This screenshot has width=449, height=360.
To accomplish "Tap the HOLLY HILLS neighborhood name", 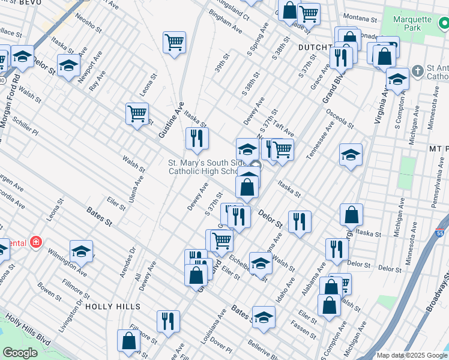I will pos(112,306).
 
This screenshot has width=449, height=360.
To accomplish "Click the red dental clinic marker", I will pos(36,243).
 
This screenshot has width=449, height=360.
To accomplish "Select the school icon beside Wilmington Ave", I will pos(82,251).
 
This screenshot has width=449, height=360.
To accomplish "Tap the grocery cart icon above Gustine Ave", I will pos(174,43).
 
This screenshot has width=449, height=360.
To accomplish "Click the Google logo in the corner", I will pos(19,353).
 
